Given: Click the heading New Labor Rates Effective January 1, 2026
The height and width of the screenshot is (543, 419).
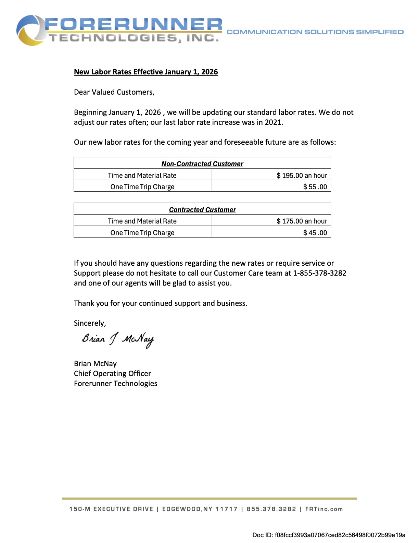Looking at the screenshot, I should [x=146, y=72].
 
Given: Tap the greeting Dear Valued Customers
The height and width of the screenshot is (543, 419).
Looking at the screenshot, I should [x=114, y=92].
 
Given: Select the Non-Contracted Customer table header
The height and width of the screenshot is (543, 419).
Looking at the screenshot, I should [x=202, y=164].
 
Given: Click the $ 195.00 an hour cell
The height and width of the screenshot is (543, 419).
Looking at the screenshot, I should [x=302, y=176].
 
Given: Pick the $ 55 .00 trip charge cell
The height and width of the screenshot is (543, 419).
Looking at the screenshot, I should [x=315, y=187].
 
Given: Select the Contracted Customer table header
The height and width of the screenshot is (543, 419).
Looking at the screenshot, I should [x=202, y=210].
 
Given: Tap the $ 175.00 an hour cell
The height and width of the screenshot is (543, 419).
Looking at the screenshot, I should [x=302, y=221].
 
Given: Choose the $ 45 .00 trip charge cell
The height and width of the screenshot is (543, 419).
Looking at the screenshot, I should [x=315, y=233].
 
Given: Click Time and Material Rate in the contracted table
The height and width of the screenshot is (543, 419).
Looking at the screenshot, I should [x=142, y=221].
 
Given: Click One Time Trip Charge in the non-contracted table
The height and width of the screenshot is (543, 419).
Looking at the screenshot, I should [x=142, y=187].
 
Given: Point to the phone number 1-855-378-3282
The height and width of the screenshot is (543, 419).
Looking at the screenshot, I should [x=319, y=273].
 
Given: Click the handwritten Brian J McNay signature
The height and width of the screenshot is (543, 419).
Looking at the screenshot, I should [x=118, y=339].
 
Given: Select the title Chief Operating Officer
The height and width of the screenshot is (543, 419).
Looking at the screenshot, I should [x=112, y=374].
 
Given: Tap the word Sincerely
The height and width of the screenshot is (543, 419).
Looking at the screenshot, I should [x=90, y=323].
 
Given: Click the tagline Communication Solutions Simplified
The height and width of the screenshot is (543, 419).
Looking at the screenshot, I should [x=315, y=32].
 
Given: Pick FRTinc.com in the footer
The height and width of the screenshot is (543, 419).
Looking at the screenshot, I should [x=324, y=509].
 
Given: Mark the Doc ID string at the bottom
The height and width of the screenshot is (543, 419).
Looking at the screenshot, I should [x=329, y=535].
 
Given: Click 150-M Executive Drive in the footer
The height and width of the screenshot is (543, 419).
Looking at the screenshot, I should [x=111, y=509].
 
